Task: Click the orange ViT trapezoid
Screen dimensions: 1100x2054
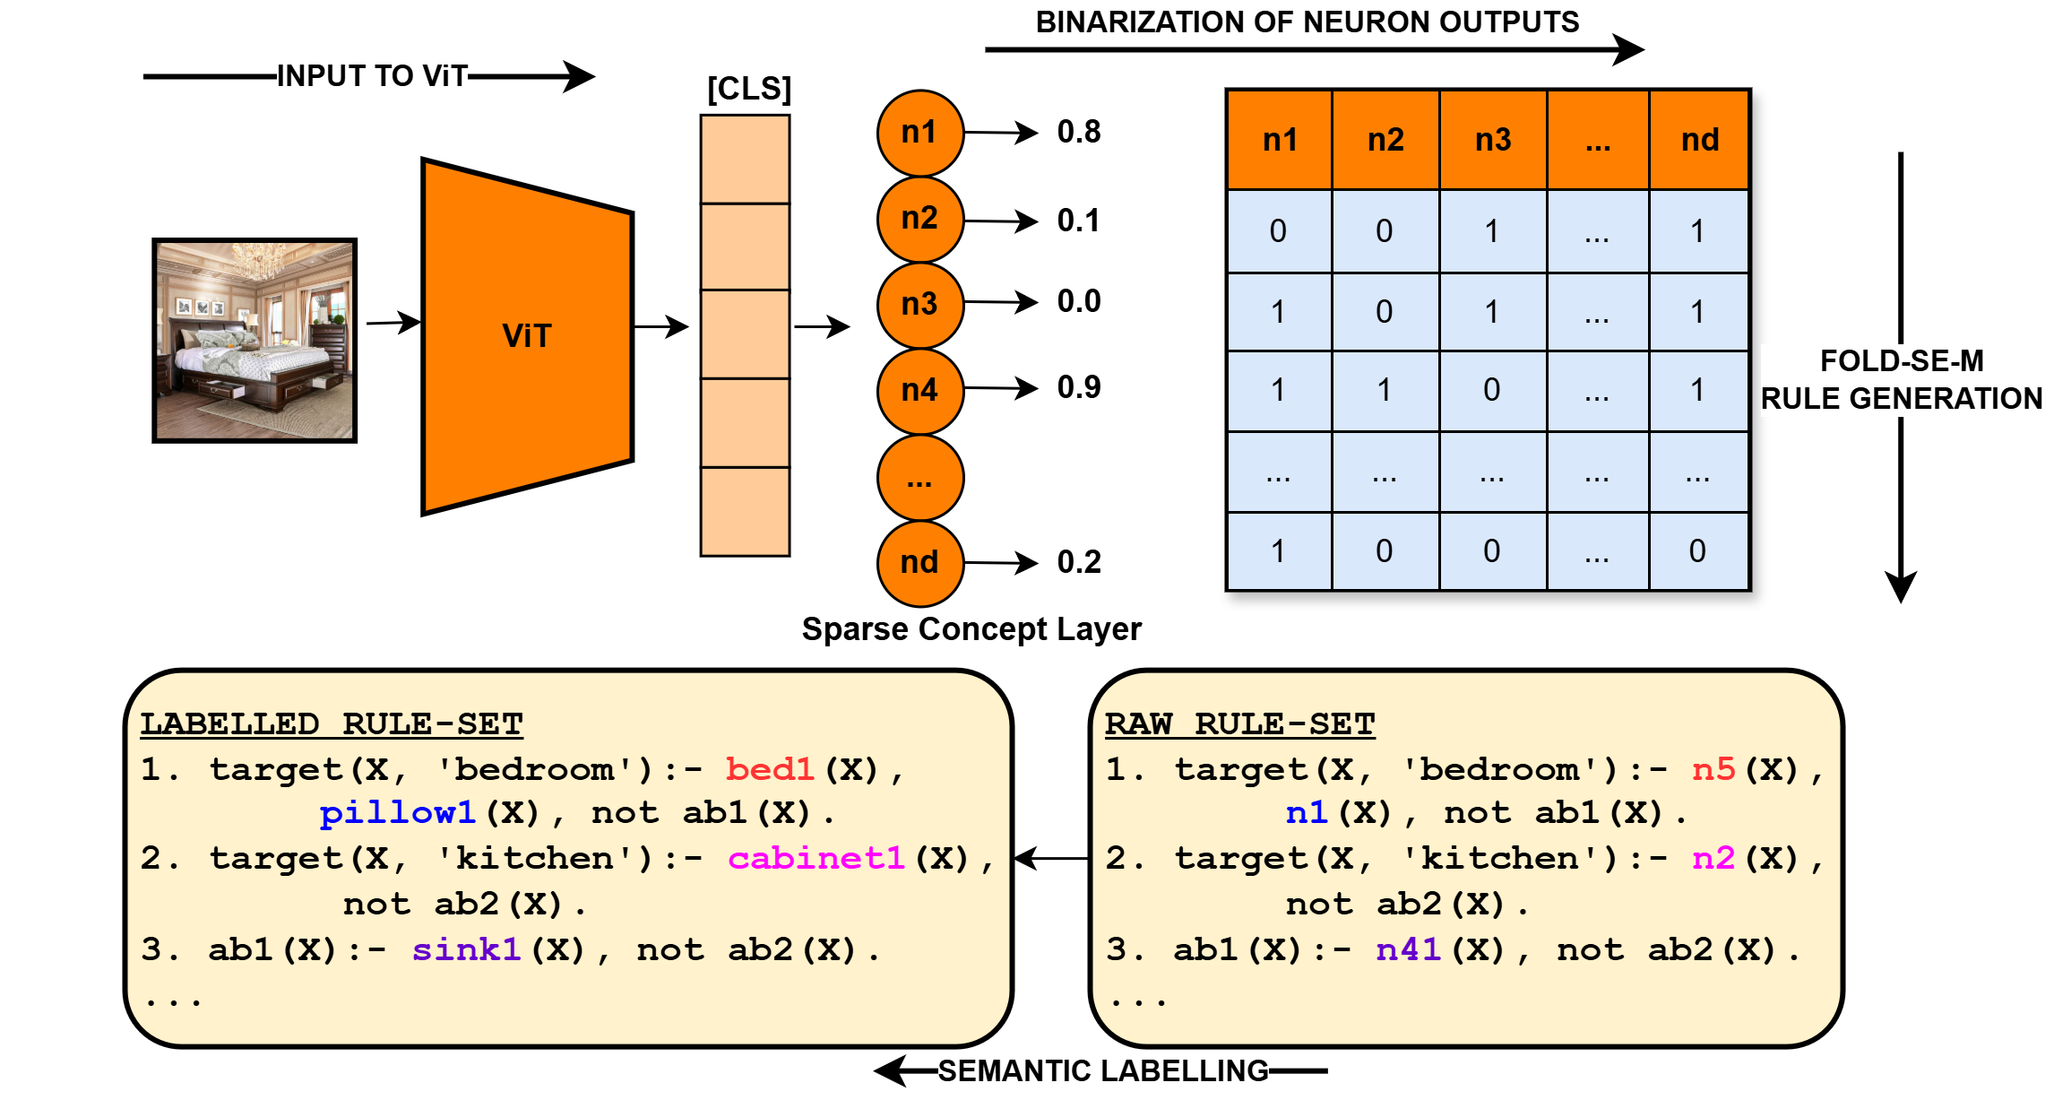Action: click(x=527, y=336)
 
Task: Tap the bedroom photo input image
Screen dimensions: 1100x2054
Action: click(x=255, y=341)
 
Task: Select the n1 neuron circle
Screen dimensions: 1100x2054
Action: click(x=920, y=133)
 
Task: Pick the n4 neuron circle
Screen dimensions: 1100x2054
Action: click(x=920, y=391)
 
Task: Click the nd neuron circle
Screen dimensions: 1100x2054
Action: click(x=920, y=563)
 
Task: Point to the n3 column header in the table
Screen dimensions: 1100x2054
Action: click(x=1493, y=140)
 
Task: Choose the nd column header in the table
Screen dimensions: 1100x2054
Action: click(x=1699, y=140)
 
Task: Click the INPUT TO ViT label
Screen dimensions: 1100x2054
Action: click(x=372, y=76)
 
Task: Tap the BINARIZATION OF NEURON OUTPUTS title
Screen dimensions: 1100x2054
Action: click(x=1307, y=22)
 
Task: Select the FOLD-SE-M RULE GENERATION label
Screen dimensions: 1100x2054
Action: click(x=1902, y=380)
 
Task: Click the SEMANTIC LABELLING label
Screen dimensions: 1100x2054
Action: click(x=1103, y=1070)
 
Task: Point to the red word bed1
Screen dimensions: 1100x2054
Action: click(x=770, y=769)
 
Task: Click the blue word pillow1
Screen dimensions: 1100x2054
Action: click(x=397, y=813)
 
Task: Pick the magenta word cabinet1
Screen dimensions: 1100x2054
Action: click(x=816, y=859)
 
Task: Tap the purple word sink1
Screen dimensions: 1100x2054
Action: click(x=466, y=949)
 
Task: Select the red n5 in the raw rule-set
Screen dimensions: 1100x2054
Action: click(x=1713, y=769)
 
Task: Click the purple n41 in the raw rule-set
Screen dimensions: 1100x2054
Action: click(x=1408, y=949)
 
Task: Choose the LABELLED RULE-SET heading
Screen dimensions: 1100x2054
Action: click(x=332, y=723)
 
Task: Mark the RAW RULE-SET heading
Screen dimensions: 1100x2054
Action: click(x=1239, y=723)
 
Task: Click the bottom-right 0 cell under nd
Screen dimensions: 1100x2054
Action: click(x=1697, y=551)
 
